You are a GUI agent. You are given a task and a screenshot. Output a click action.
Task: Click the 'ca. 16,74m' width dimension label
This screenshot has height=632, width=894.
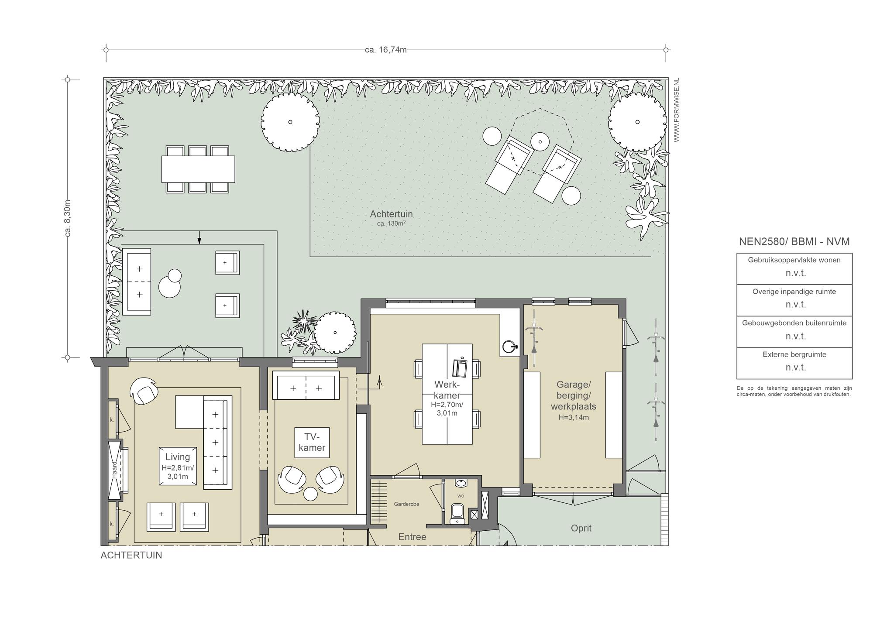point(386,50)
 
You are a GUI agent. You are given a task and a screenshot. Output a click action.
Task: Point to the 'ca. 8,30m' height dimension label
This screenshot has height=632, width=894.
point(68,218)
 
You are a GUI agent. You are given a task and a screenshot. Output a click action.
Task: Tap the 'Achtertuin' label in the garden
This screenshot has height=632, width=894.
point(391,214)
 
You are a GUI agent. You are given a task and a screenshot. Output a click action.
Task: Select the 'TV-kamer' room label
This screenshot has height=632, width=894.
point(312,442)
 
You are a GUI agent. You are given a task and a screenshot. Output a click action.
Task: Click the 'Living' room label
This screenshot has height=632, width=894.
point(178,457)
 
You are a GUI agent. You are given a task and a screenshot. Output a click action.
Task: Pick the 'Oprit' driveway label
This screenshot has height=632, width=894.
point(581,528)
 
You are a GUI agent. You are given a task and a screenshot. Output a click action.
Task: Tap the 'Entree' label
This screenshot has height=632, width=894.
point(412,537)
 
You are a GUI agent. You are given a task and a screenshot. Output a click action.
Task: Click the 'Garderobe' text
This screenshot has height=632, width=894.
point(406,504)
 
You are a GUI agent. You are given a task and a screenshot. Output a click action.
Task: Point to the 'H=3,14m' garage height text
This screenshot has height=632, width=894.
point(574,417)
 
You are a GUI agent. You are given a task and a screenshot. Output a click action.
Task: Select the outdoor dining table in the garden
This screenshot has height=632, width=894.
point(198,169)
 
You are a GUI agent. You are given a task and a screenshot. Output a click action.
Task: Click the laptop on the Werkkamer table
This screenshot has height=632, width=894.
point(460,368)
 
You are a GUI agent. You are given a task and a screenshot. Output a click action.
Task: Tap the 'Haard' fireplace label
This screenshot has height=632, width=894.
point(114,470)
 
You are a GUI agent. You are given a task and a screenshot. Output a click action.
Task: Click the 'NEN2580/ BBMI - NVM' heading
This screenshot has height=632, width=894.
point(794,241)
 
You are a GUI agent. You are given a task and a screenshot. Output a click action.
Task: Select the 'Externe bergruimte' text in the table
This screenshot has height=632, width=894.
point(794,354)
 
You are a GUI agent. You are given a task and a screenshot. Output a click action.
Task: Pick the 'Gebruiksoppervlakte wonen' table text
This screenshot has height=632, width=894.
point(794,260)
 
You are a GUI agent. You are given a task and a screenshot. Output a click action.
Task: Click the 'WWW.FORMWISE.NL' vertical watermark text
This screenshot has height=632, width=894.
point(677,110)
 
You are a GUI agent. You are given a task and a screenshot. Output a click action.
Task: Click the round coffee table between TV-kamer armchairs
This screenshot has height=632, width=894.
point(310,494)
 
